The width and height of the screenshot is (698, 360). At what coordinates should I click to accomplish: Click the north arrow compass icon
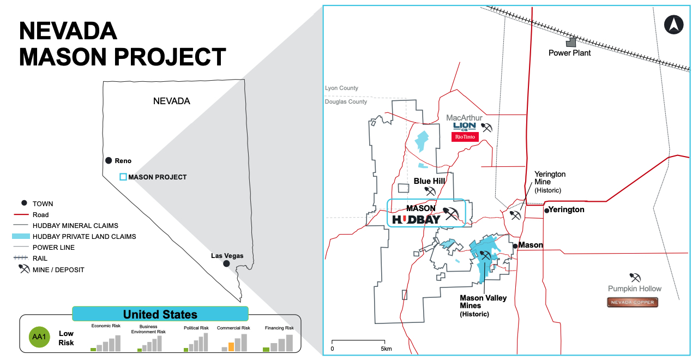click(674, 25)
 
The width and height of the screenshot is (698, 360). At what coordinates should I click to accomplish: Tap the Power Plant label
click(570, 53)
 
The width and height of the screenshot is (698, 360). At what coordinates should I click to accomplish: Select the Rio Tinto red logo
click(465, 137)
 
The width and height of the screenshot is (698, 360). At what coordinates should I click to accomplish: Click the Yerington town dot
click(546, 210)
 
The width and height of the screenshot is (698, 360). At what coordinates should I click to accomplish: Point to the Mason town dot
click(515, 246)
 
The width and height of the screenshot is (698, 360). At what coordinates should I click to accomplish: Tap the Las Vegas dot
click(226, 263)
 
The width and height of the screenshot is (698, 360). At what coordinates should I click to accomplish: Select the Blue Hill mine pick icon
click(430, 191)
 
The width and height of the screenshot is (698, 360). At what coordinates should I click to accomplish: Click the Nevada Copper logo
click(633, 302)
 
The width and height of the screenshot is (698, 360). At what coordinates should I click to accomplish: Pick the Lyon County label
click(341, 88)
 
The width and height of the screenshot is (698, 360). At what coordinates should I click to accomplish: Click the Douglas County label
click(346, 102)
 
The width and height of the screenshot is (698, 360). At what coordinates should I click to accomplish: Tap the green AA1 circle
click(39, 336)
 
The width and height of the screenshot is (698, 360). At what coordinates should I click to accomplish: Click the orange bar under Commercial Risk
click(231, 346)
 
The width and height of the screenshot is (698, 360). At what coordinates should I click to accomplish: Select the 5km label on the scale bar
click(386, 349)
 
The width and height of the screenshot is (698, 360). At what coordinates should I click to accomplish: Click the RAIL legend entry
click(40, 259)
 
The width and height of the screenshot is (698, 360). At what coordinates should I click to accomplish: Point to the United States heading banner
click(160, 314)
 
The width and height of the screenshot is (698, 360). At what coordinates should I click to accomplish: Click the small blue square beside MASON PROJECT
click(123, 177)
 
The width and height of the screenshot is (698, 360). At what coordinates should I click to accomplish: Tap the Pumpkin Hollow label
click(635, 289)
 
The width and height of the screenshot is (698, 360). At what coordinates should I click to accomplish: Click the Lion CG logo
click(465, 126)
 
